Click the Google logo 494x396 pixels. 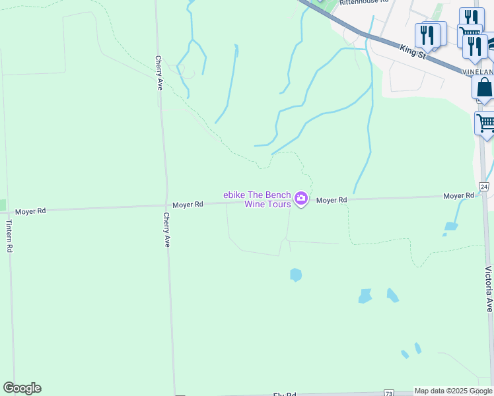(x=22, y=388)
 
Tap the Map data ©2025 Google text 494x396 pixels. (x=454, y=391)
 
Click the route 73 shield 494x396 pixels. (x=388, y=393)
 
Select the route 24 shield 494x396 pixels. (x=484, y=187)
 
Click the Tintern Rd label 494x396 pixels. (x=10, y=236)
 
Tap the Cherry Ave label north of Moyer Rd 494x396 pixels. (x=159, y=73)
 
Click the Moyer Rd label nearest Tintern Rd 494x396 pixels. (x=31, y=211)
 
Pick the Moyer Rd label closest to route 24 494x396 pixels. (x=458, y=196)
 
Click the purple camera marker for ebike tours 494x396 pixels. (x=301, y=198)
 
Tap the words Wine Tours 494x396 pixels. (x=267, y=204)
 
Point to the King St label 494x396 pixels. (x=413, y=51)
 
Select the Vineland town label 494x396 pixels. (x=477, y=71)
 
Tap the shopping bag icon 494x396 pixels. (x=484, y=87)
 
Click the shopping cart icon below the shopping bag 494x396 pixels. (x=485, y=123)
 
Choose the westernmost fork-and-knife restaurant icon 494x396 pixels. (x=428, y=34)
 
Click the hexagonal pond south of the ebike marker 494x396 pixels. (x=296, y=275)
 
